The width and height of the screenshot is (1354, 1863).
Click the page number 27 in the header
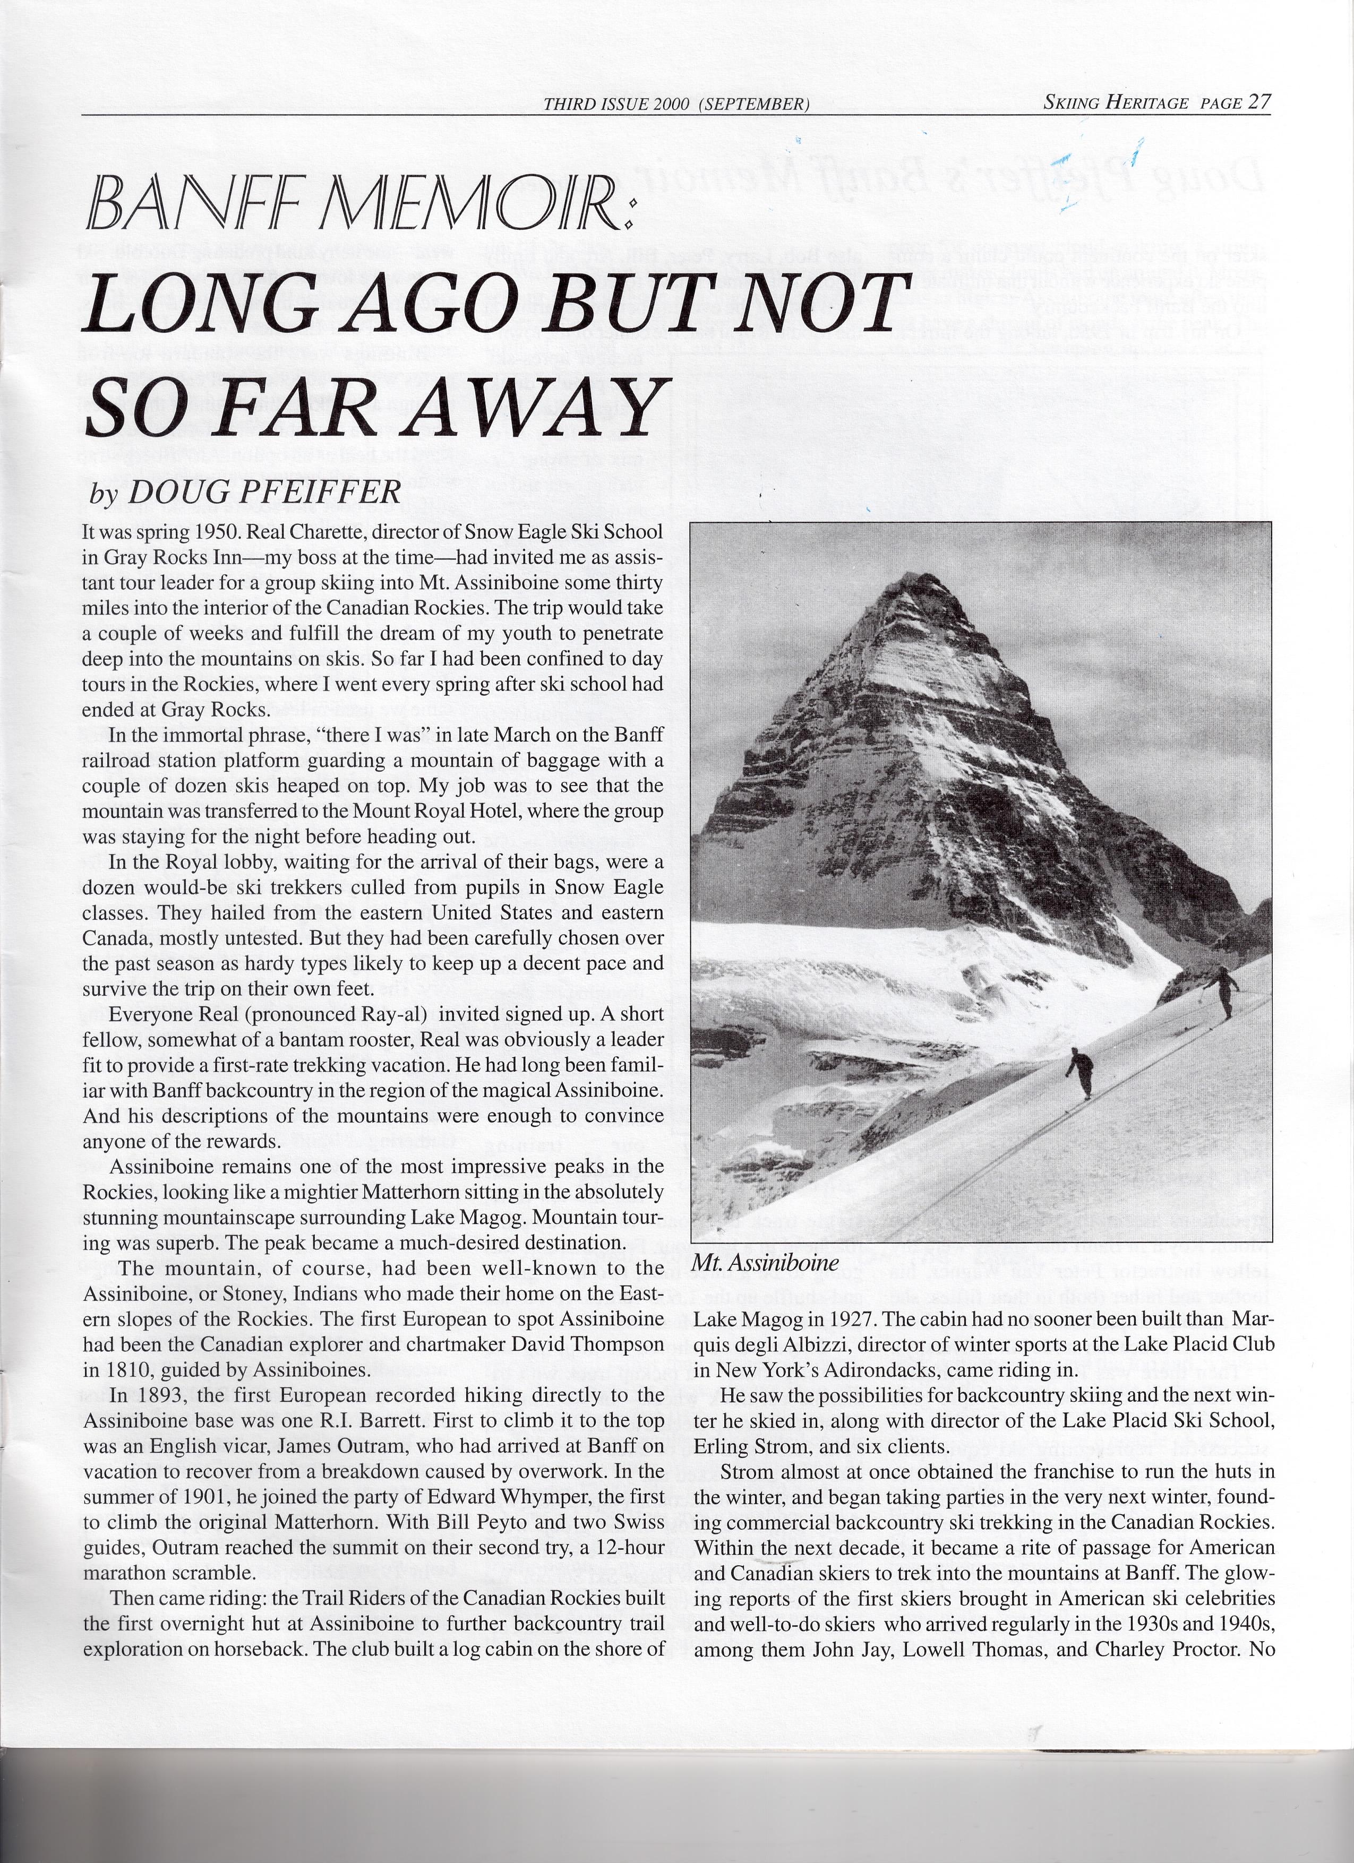[x=1259, y=102]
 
